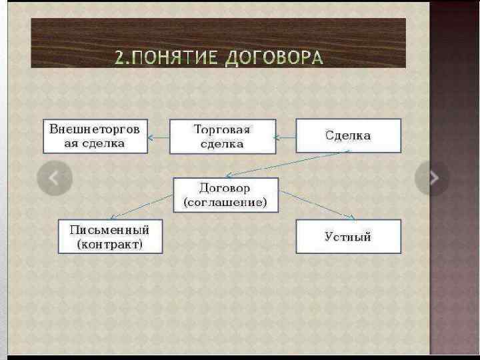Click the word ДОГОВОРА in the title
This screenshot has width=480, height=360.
274,57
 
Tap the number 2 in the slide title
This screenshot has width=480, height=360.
120,57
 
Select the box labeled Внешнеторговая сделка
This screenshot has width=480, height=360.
95,136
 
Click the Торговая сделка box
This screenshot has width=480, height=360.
222,136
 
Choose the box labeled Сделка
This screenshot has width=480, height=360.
348,136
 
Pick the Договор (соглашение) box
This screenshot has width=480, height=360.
225,195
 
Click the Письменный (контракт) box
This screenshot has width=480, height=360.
110,237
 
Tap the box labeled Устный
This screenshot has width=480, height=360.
348,237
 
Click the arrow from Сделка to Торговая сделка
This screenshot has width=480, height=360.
285,137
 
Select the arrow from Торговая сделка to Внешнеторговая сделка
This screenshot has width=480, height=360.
159,137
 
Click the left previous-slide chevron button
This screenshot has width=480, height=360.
55,178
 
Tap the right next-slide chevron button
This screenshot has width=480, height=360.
433,178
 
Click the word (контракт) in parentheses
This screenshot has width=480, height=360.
110,245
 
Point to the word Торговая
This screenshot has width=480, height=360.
221,129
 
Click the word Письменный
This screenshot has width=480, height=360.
110,230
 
